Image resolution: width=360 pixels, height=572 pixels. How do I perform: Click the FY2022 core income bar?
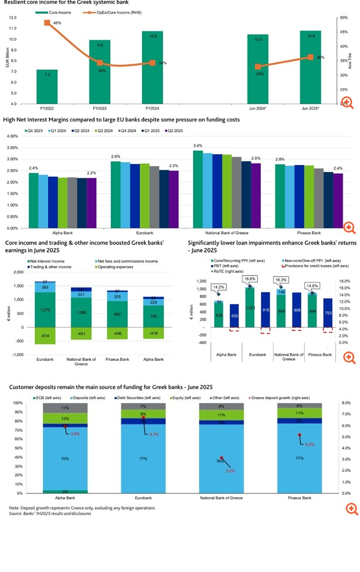click(x=47, y=86)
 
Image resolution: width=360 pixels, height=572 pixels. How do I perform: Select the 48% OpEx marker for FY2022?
click(x=47, y=23)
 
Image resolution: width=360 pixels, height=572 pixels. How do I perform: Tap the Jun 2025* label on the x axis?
click(x=310, y=109)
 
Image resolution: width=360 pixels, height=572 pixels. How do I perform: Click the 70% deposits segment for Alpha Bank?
click(x=65, y=458)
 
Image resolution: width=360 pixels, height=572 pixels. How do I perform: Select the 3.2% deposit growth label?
click(x=231, y=470)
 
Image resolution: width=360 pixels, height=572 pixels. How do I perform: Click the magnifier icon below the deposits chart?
click(x=351, y=509)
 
